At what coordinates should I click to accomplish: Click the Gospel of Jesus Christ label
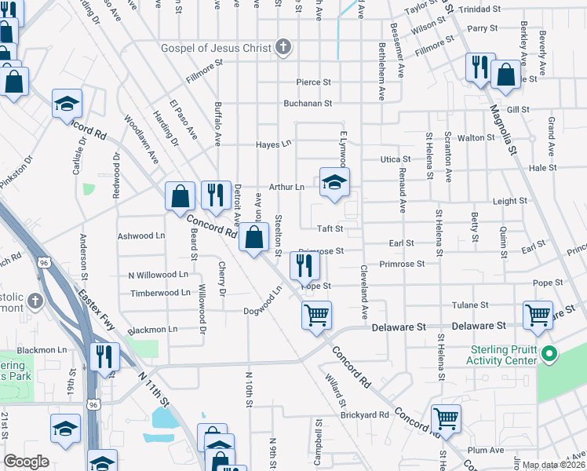pyautogui.click(x=215, y=48)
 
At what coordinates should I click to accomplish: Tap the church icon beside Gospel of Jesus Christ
pyautogui.click(x=283, y=48)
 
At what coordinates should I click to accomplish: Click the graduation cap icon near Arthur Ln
pyautogui.click(x=335, y=183)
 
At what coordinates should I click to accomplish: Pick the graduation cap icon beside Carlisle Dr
pyautogui.click(x=67, y=104)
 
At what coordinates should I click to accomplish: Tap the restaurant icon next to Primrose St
pyautogui.click(x=304, y=266)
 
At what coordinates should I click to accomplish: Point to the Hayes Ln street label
pyautogui.click(x=274, y=144)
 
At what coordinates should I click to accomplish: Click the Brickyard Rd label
pyautogui.click(x=364, y=414)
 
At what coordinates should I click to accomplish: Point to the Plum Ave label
pyautogui.click(x=487, y=450)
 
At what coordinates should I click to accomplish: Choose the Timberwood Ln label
pyautogui.click(x=160, y=292)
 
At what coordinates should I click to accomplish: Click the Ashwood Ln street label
pyautogui.click(x=141, y=235)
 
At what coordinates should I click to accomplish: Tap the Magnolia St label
pyautogui.click(x=505, y=129)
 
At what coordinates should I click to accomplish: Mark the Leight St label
pyautogui.click(x=510, y=201)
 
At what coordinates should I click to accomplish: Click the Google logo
pyautogui.click(x=27, y=462)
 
